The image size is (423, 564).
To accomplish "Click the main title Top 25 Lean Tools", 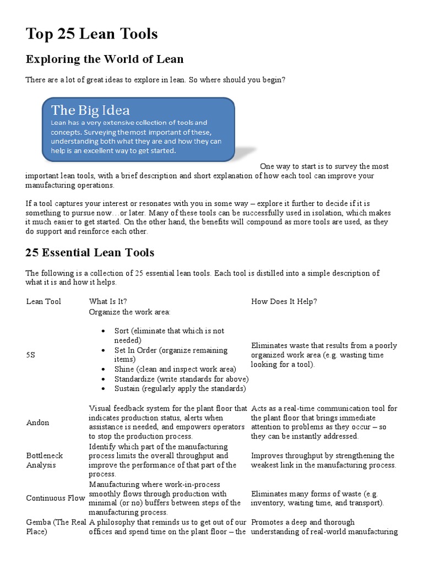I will (91, 34).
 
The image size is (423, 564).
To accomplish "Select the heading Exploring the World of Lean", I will (104, 59).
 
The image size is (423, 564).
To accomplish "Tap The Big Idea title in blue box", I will (90, 110).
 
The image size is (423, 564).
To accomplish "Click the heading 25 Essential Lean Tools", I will (90, 253).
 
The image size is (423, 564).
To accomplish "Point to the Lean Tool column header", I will (44, 301).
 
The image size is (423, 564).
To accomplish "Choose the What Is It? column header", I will (108, 301).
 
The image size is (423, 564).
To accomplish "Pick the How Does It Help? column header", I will (284, 301).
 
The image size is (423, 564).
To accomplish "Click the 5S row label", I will (31, 355).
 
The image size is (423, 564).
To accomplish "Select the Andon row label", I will (37, 422).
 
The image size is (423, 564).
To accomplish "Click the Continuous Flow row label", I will (56, 498).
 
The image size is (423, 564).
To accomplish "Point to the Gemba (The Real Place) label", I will (56, 527).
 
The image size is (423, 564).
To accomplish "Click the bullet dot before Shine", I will (104, 370).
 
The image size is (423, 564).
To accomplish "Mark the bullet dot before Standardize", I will (104, 379).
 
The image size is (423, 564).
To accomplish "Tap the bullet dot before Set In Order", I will (104, 350).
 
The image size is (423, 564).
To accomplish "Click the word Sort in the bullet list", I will (121, 331).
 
